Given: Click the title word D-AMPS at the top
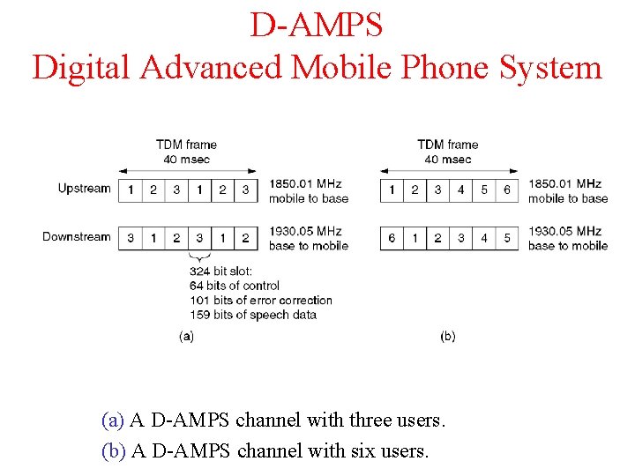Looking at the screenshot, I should click(317, 25).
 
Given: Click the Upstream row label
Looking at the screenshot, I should click(85, 189).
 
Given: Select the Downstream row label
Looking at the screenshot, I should click(77, 237).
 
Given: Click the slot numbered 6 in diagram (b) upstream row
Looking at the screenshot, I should click(507, 190).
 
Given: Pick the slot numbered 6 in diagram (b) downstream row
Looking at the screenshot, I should click(392, 238).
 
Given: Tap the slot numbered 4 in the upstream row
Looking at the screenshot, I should click(460, 190).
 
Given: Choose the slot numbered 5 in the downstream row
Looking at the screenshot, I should click(507, 238).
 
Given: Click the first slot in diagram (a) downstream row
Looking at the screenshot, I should click(130, 238).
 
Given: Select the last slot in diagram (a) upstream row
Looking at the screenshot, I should click(245, 190).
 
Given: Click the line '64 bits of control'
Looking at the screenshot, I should click(235, 286).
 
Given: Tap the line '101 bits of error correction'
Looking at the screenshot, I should click(260, 300).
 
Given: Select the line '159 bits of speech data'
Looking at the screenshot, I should click(253, 315).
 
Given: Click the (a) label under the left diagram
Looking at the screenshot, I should click(186, 336).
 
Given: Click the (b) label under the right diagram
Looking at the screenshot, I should click(448, 336).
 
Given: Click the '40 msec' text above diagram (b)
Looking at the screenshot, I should click(448, 160).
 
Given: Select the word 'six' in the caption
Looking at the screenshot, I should click(363, 451).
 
